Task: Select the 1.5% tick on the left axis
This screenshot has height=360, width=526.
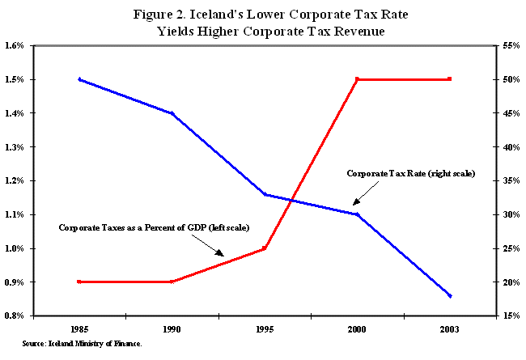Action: [17, 79]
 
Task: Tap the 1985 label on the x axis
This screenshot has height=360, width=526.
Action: [79, 329]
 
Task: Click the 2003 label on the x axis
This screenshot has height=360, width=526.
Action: [449, 329]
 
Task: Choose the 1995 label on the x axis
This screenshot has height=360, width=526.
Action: [265, 329]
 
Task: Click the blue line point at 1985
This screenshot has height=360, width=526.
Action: [79, 79]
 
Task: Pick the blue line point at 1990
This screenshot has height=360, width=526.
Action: [172, 113]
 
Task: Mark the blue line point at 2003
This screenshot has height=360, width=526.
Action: [449, 296]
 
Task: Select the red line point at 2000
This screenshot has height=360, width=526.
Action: [357, 79]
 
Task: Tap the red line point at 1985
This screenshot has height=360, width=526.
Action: [79, 282]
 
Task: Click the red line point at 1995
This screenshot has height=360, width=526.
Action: [265, 248]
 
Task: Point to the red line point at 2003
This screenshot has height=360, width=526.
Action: [449, 79]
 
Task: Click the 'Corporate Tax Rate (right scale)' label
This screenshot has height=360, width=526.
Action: [410, 174]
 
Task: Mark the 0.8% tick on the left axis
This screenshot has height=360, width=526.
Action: [17, 316]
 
